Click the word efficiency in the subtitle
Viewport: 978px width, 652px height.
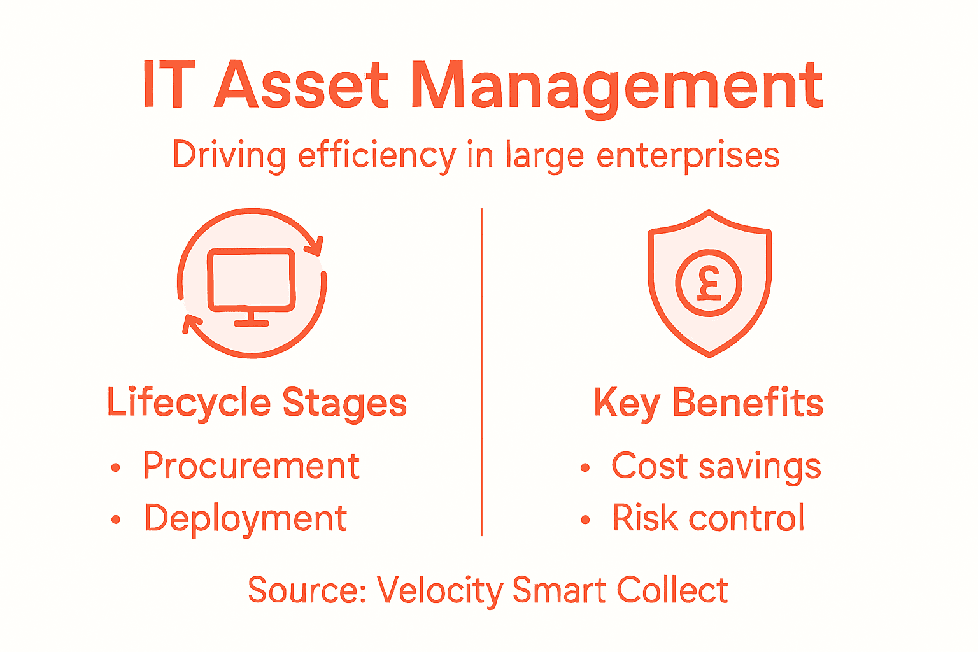point(377,156)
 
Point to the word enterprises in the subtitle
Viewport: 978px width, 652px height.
point(688,156)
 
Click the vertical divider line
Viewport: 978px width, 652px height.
point(482,372)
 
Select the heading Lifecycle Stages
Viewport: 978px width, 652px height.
point(257,403)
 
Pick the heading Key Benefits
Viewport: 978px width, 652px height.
point(708,403)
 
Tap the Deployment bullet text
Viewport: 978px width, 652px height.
point(246,518)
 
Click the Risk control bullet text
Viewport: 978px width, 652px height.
point(708,518)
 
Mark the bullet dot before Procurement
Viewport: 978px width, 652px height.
point(115,468)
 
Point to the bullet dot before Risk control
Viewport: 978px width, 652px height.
point(585,520)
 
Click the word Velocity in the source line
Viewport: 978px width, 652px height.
point(440,590)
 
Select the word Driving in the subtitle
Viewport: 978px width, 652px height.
point(229,156)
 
